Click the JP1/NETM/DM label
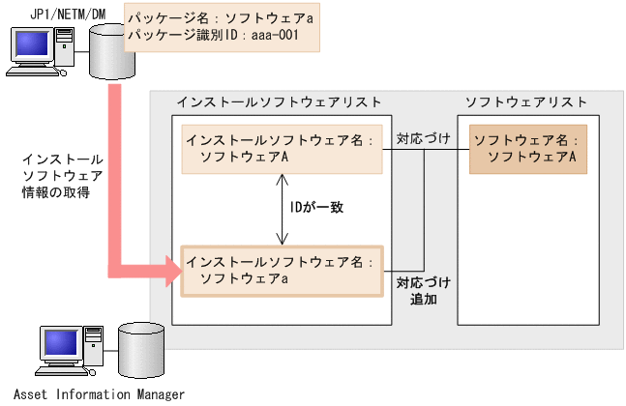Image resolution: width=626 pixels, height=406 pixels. pos(57,11)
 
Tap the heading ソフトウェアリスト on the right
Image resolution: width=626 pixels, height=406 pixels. pos(526,101)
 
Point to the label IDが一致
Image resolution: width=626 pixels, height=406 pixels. pos(317,207)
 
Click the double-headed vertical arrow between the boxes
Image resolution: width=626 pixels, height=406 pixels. pos(282,209)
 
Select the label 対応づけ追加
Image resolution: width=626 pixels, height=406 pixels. pos(424,291)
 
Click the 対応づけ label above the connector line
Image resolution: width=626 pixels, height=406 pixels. pos(423,139)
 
